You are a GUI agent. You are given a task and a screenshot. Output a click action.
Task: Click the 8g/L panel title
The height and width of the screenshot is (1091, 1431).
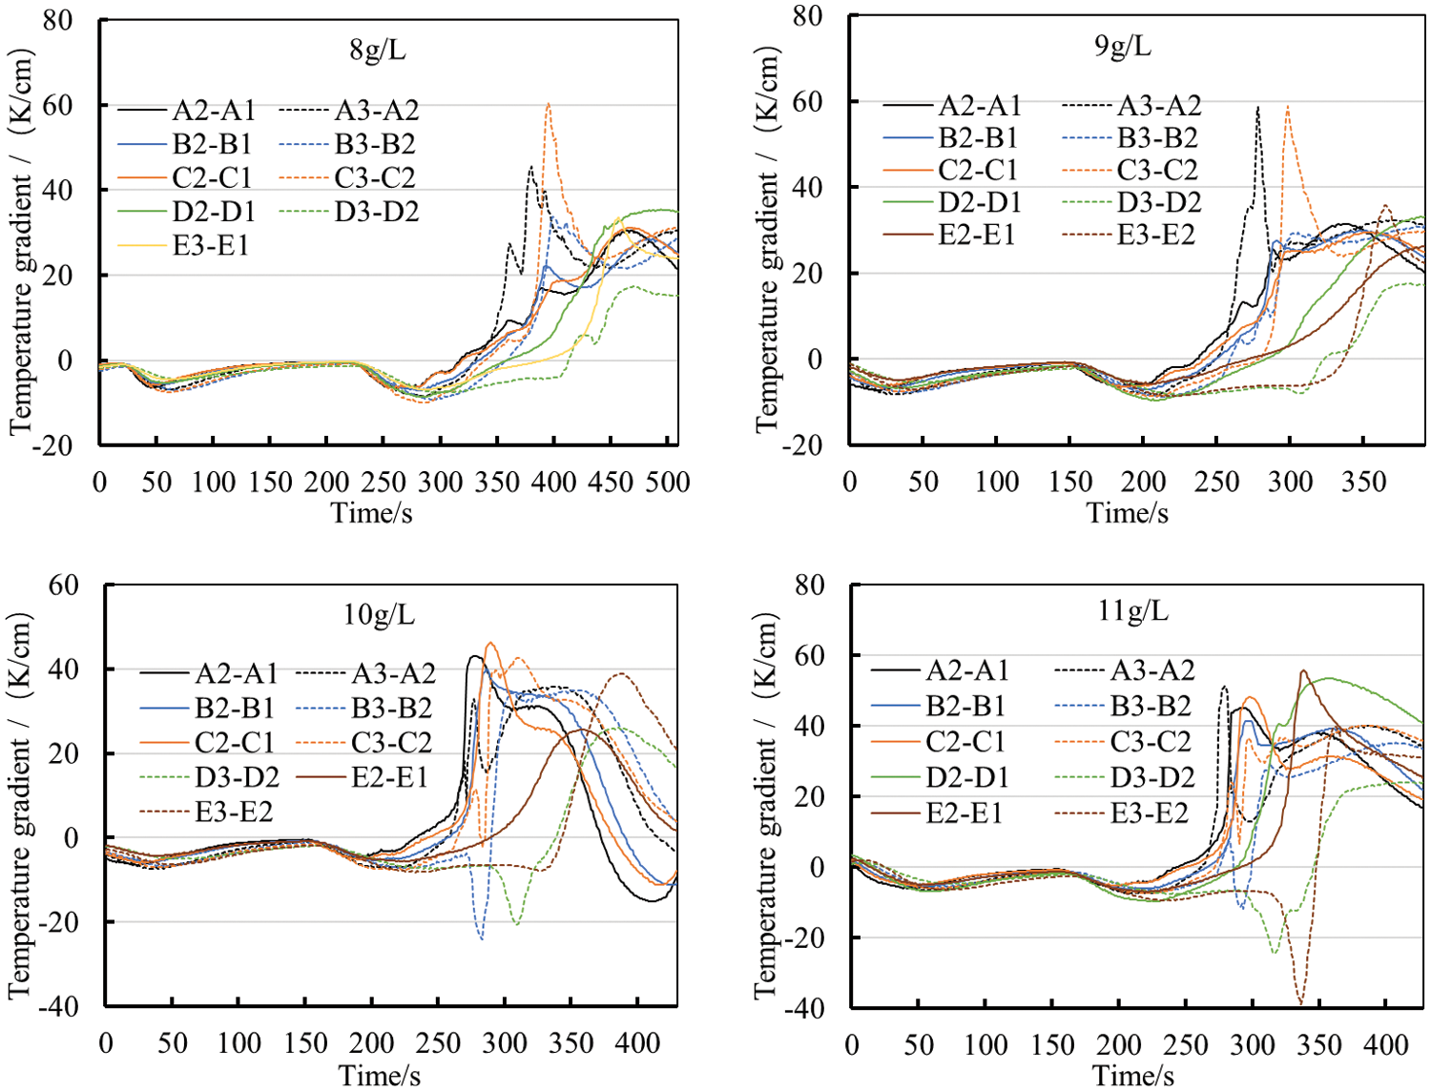tap(378, 50)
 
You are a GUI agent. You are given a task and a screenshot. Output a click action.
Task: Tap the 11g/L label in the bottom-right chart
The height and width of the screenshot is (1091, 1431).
tap(1132, 610)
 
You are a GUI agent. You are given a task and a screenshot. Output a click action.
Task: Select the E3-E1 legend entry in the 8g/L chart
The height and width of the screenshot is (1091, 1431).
tap(210, 246)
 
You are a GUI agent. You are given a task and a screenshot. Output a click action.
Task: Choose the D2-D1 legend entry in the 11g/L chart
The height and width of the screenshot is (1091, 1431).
tap(964, 777)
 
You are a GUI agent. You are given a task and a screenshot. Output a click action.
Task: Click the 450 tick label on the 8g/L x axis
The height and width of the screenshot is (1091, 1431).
tap(610, 482)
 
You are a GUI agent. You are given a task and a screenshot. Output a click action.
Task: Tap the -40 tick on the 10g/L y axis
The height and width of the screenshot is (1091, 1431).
tap(59, 1006)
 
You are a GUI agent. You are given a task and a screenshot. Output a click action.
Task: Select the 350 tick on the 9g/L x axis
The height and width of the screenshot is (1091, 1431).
tap(1363, 482)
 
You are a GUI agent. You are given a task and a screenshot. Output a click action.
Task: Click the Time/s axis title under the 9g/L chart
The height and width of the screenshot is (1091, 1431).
tap(1127, 513)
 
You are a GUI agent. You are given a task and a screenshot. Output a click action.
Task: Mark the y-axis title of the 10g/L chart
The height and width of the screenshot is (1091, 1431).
tap(20, 806)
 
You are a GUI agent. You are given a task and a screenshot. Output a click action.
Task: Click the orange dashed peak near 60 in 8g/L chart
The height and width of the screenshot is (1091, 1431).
tap(549, 104)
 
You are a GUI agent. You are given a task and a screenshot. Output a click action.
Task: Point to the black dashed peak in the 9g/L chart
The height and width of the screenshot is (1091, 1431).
tap(1258, 108)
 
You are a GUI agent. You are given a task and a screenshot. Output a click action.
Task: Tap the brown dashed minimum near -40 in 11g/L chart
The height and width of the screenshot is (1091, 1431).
tap(1300, 1002)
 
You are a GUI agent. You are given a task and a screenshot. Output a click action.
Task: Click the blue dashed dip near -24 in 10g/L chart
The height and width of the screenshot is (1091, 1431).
tap(482, 938)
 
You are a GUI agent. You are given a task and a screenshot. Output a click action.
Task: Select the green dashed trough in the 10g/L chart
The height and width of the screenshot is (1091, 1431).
tap(517, 923)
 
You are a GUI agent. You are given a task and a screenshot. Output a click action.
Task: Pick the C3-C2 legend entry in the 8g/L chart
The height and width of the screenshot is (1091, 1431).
tap(376, 178)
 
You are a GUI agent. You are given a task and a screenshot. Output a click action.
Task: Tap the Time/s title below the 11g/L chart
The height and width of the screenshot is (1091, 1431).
tap(1133, 1076)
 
